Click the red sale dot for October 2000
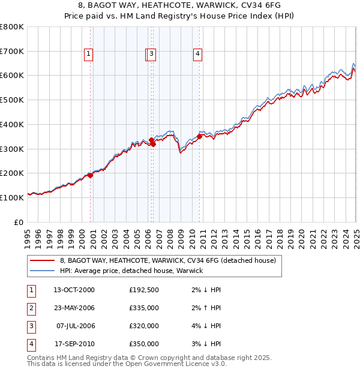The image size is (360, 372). pyautogui.click(x=91, y=175)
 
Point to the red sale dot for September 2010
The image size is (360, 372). pyautogui.click(x=199, y=136)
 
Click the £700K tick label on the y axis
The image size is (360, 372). pyautogui.click(x=12, y=51)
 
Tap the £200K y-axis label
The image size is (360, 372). pyautogui.click(x=12, y=173)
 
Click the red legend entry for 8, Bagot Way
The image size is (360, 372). pyautogui.click(x=167, y=260)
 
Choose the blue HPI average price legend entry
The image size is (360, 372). pyautogui.click(x=131, y=271)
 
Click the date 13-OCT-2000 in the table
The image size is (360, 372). pyautogui.click(x=74, y=290)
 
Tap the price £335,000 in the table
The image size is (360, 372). pyautogui.click(x=144, y=308)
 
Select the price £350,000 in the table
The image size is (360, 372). pyautogui.click(x=144, y=344)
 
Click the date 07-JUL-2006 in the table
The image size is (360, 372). pyautogui.click(x=74, y=326)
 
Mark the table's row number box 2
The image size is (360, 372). pyautogui.click(x=30, y=308)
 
